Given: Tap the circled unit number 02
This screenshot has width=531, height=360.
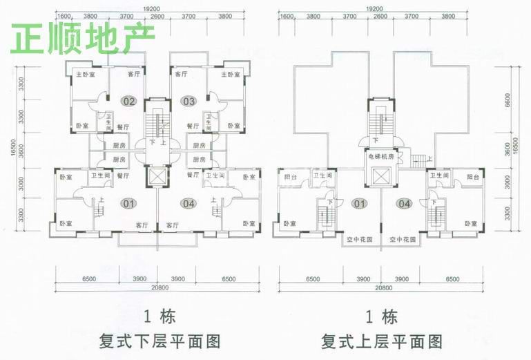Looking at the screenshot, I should (129, 101).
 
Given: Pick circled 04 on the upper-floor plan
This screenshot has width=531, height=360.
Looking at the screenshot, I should (405, 203).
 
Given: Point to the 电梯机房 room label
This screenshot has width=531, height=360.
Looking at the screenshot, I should (380, 157).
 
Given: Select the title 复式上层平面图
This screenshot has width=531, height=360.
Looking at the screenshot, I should (381, 341).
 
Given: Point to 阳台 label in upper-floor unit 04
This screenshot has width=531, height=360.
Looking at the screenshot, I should (472, 177).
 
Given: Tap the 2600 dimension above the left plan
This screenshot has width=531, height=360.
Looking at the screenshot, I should (157, 17).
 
